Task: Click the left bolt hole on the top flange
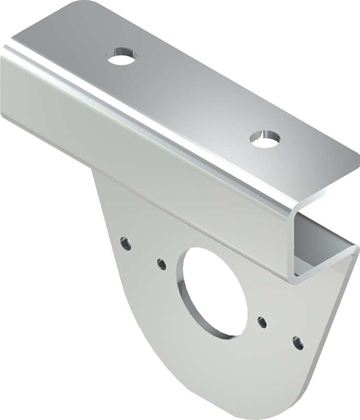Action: [x=121, y=56]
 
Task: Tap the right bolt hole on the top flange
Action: [x=264, y=139]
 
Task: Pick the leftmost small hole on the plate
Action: [x=125, y=243]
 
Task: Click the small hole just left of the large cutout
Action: [x=162, y=264]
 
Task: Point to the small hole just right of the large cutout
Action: [x=262, y=322]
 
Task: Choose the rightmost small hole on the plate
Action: [x=298, y=343]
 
